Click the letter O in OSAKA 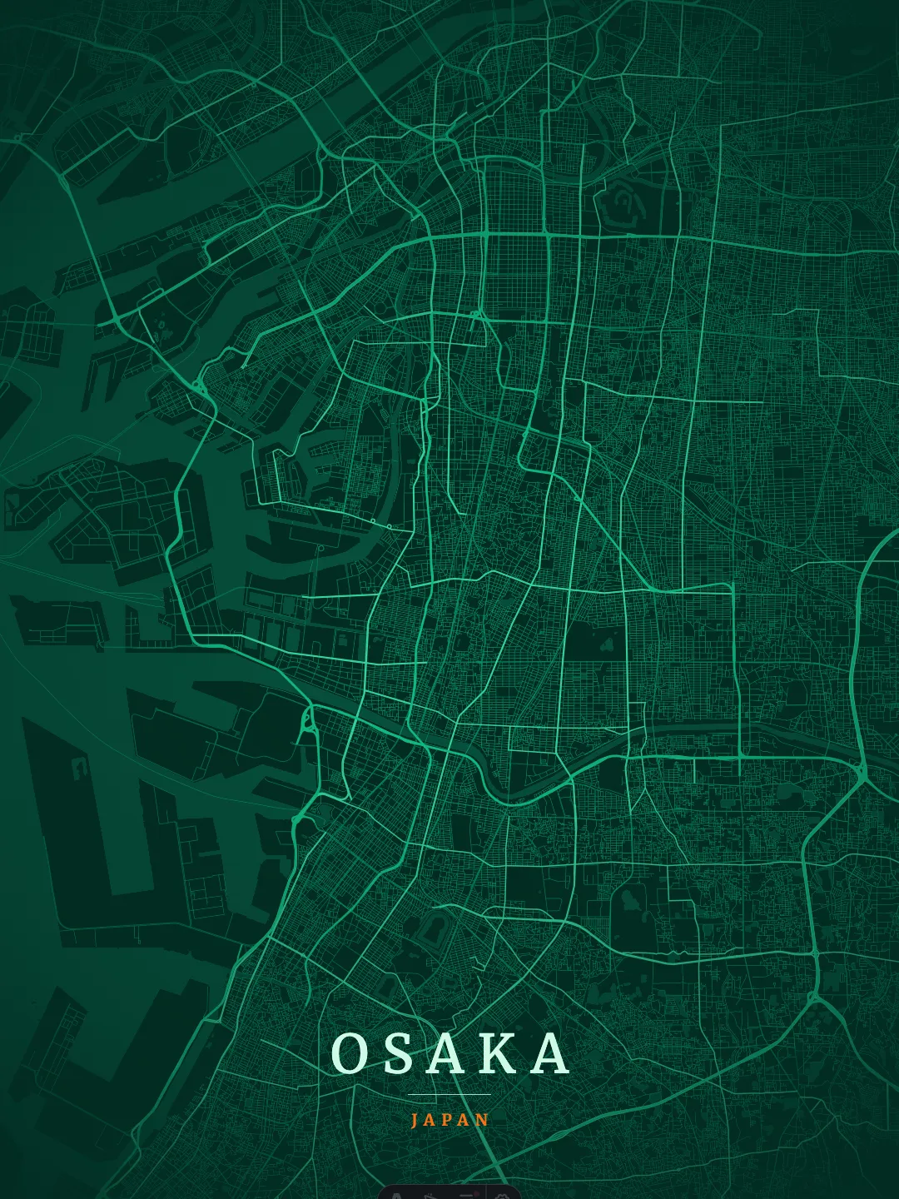pos(350,1053)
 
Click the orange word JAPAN pos(449,1120)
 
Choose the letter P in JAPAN pos(449,1120)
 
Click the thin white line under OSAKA pos(449,1094)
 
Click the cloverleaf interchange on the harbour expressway pos(200,387)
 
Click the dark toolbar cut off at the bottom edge pos(449,1192)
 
